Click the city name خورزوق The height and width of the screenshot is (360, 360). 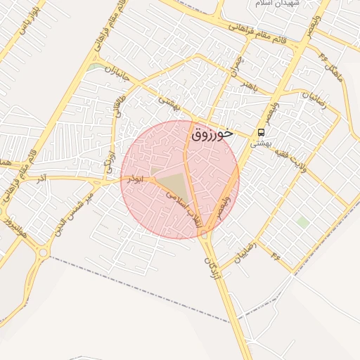click(216, 132)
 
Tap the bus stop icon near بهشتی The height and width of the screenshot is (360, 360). click(262, 131)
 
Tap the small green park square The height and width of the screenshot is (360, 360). click(302, 222)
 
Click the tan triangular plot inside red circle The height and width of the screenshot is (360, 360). click(174, 184)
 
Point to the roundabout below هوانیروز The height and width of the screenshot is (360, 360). click(43, 251)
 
